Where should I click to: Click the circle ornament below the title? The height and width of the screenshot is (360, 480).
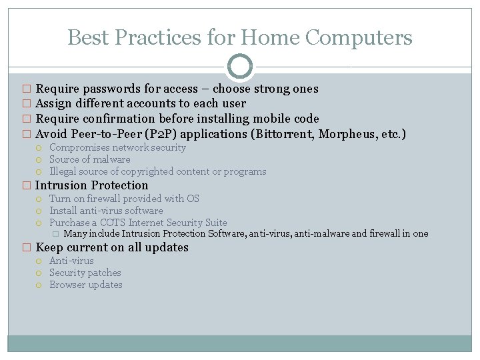pyautogui.click(x=240, y=67)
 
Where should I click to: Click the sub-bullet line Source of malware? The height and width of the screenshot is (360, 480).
pyautogui.click(x=89, y=159)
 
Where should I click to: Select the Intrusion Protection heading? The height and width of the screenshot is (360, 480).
pyautogui.click(x=91, y=185)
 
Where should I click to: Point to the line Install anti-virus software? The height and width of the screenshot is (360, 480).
pyautogui.click(x=106, y=211)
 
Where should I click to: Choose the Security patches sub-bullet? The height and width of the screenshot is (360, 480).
pyautogui.click(x=85, y=273)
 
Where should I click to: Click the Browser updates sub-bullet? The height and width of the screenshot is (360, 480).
pyautogui.click(x=86, y=285)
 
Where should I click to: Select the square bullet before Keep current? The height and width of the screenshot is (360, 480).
pyautogui.click(x=27, y=248)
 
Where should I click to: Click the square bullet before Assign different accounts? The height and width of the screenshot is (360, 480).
pyautogui.click(x=27, y=104)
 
